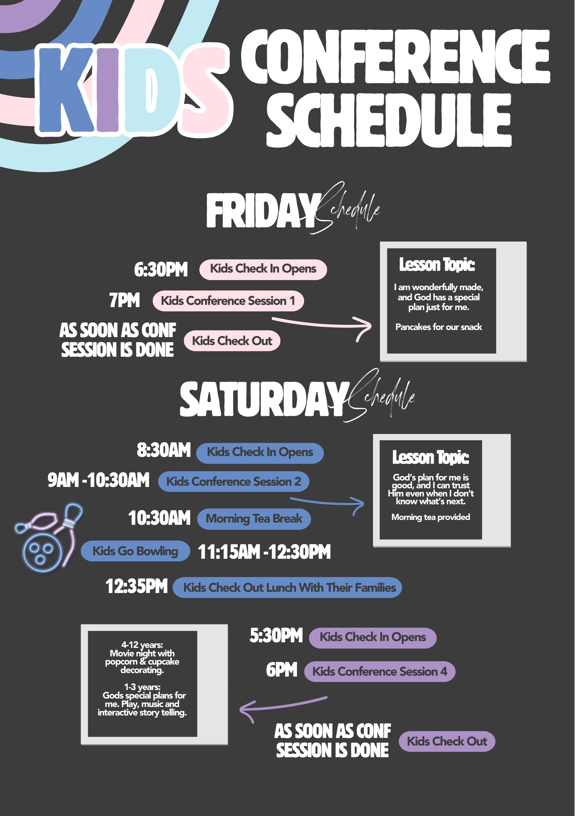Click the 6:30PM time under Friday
(161, 269)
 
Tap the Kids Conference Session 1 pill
(228, 301)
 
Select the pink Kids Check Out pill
(232, 341)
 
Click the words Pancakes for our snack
(439, 327)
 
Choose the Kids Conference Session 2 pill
(233, 481)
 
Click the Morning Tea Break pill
(254, 519)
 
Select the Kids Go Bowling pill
(135, 551)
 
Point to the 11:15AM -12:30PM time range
(264, 552)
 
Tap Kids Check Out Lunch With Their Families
(287, 588)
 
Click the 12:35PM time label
(136, 586)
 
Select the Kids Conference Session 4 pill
(380, 672)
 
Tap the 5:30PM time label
(276, 636)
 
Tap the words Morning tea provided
(430, 517)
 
